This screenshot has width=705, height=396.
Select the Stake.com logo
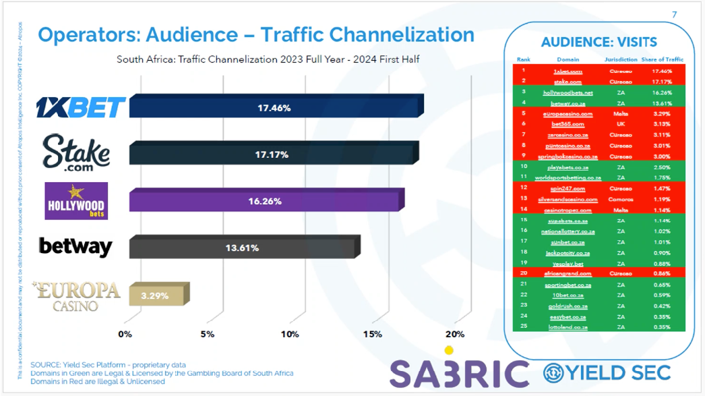pos(76,152)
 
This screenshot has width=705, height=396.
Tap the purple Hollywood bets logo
pos(76,201)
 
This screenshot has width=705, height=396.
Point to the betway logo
pos(75,246)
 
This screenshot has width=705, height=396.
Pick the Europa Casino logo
pos(77,295)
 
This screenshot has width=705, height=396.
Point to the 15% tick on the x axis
pos(372,334)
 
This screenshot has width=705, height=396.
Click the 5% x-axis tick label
pos(207,334)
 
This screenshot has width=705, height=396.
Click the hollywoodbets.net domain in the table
pos(568,92)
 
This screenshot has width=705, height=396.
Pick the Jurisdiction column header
pos(621,59)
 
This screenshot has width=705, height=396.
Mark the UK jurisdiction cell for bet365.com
pos(621,124)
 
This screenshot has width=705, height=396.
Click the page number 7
pos(675,14)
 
